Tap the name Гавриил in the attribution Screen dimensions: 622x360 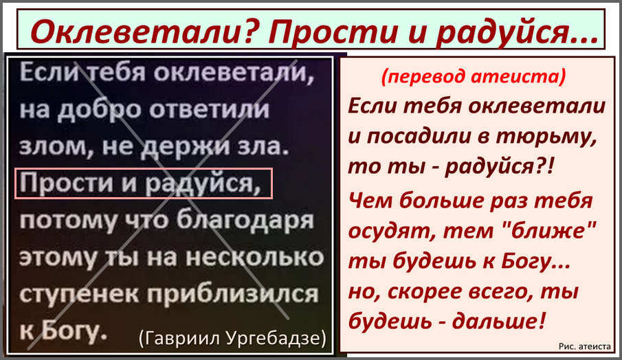180,338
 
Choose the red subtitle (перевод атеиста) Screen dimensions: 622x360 474,76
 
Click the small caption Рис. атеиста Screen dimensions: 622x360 584,346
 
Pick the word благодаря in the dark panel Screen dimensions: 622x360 245,220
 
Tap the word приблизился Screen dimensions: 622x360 233,294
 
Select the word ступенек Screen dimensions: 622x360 80,295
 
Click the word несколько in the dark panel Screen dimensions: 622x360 255,258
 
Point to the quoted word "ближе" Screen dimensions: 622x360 549,230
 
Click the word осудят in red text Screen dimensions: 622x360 392,232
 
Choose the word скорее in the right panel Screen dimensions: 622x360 425,292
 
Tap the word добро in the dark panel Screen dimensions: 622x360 100,110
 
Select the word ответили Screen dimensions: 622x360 209,109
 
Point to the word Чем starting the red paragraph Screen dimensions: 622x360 370,201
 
